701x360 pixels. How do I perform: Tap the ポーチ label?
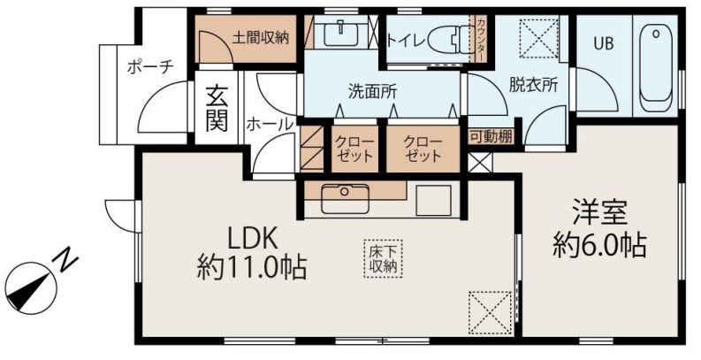coord(149,68)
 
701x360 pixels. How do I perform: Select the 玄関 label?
coord(217,109)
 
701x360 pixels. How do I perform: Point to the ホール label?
coord(270,124)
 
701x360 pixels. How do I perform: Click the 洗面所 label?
coord(372,92)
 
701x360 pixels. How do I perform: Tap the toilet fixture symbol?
coord(448,39)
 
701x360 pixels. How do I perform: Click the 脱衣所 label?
coord(533,85)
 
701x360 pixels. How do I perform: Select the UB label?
coord(604,43)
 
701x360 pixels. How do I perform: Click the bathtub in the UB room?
coord(655,68)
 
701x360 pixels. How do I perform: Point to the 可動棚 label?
coord(491,137)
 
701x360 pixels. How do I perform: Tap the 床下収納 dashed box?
coord(383,259)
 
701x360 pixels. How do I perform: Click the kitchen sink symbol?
coord(345,198)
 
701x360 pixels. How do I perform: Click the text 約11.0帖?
coord(252,268)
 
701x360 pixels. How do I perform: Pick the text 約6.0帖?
coord(599,245)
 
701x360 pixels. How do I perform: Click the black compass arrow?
coord(28,292)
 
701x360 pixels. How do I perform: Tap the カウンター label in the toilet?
coord(480,39)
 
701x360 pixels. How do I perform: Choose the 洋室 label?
coord(599,212)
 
